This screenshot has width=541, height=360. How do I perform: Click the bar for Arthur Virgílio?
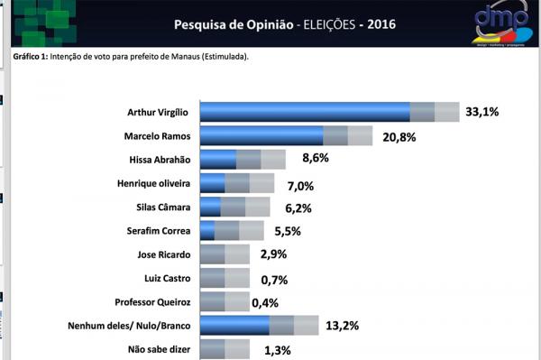tap(328, 112)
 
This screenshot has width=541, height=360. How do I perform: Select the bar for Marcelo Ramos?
tap(285, 135)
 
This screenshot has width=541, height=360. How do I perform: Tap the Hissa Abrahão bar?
tap(242, 160)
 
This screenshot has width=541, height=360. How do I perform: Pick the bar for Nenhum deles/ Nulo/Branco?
tap(258, 326)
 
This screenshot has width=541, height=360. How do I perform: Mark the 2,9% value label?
tap(273, 254)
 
